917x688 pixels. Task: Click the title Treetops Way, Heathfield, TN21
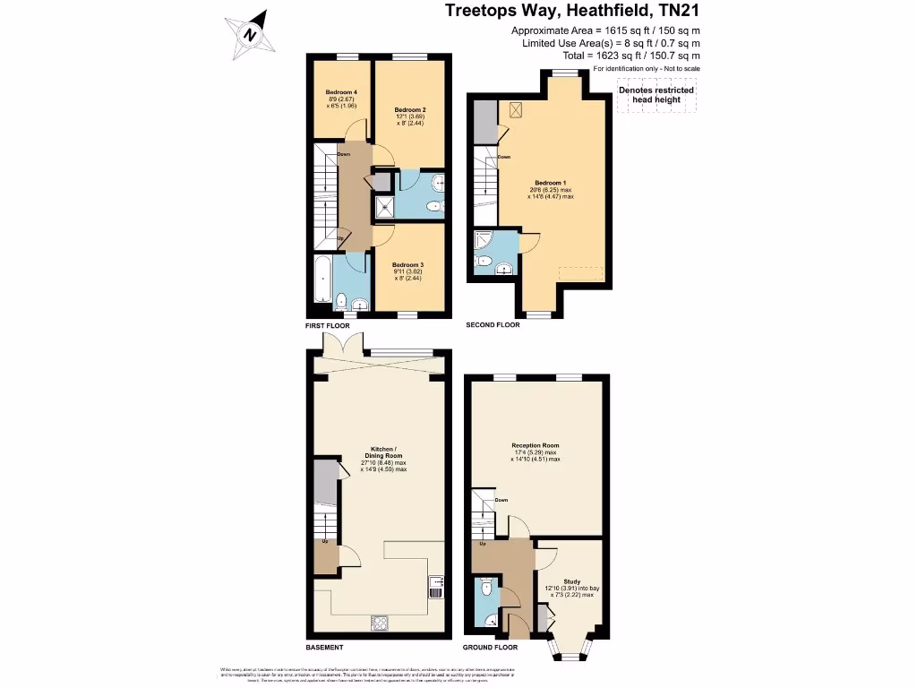pos(573,12)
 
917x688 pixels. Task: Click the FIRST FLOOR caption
pos(326,327)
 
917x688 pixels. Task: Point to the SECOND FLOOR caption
pos(493,326)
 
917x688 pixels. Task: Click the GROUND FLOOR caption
pos(490,647)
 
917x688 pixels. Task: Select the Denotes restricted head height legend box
pos(656,95)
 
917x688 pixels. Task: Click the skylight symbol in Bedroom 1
pos(516,110)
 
